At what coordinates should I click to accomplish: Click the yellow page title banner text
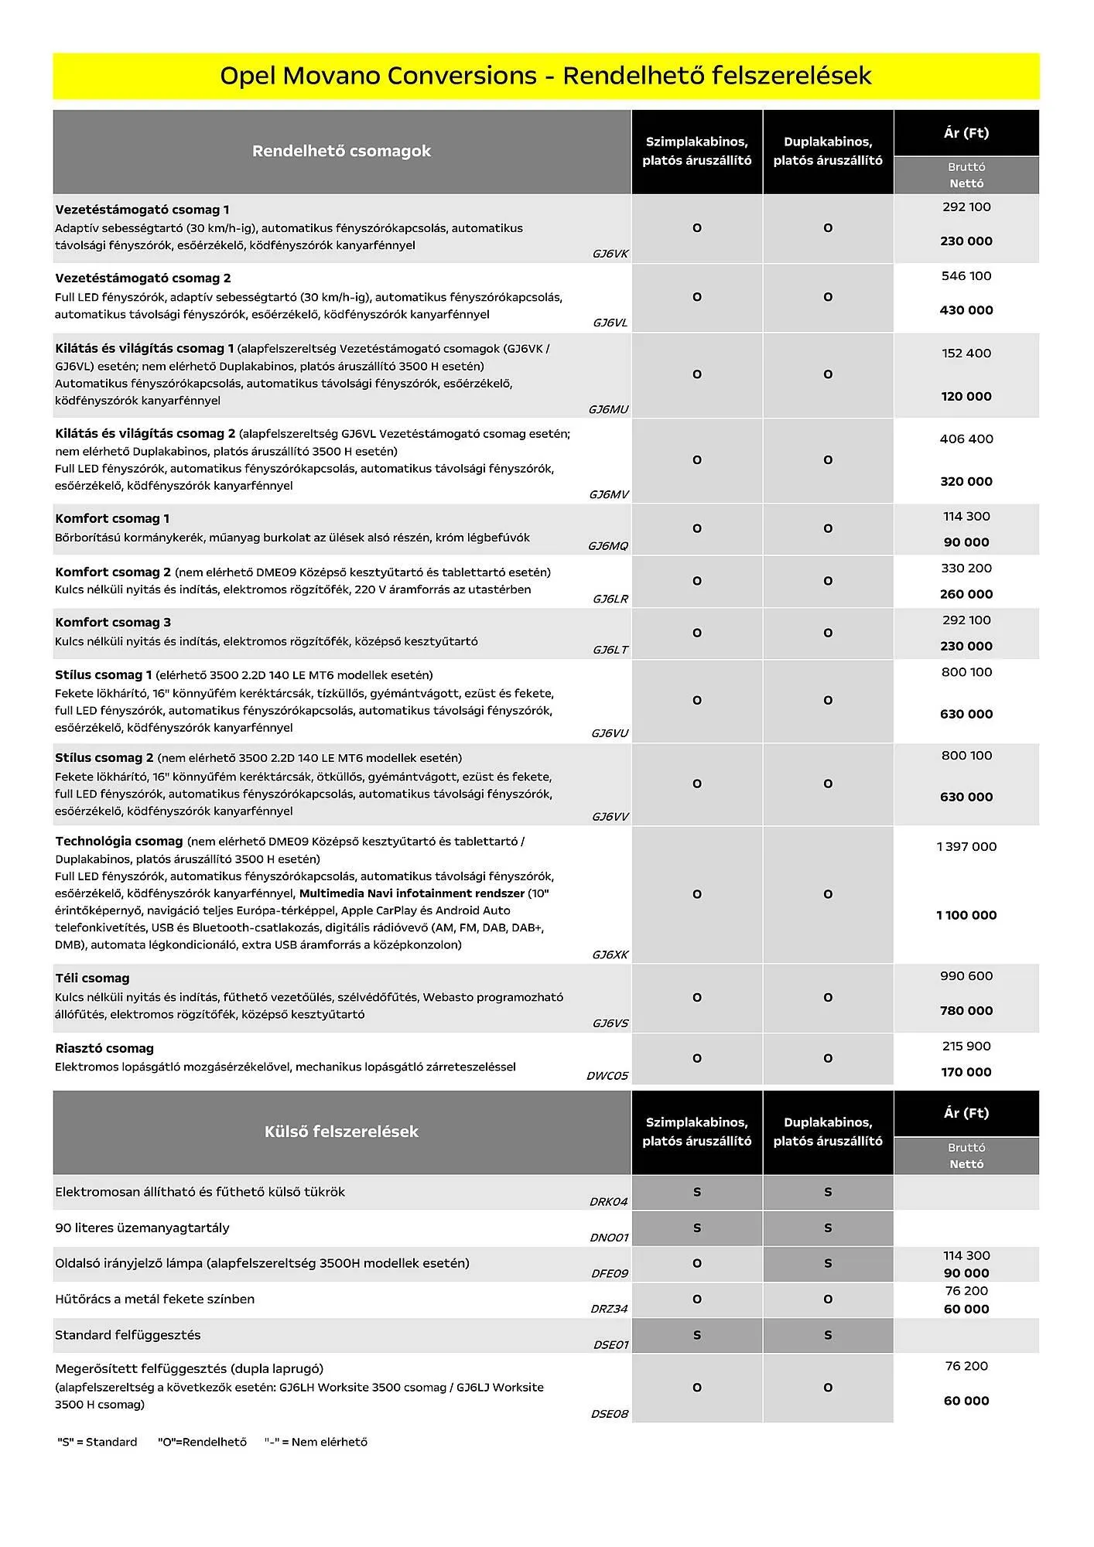point(545,76)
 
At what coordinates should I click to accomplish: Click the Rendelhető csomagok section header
point(341,151)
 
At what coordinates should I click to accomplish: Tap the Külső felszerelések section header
point(341,1132)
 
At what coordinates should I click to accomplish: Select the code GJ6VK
point(610,254)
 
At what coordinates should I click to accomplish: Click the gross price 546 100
point(966,276)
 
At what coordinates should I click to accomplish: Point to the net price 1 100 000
point(966,915)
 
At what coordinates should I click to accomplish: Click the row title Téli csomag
point(92,978)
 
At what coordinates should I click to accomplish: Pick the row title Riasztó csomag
point(104,1049)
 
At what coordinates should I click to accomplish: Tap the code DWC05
point(607,1076)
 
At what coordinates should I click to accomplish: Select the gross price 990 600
point(966,976)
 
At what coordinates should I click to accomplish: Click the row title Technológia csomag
point(118,842)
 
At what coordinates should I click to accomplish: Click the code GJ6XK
point(610,955)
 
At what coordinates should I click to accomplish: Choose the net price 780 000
point(966,1011)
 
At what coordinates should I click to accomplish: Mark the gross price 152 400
point(966,353)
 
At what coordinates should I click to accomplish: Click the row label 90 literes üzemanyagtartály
point(142,1228)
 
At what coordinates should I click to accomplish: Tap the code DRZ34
point(609,1310)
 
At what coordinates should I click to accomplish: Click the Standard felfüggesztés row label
point(128,1335)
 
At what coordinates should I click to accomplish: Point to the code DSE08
point(609,1414)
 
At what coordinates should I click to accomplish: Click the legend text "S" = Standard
point(97,1442)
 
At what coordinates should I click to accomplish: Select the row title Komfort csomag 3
point(113,623)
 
